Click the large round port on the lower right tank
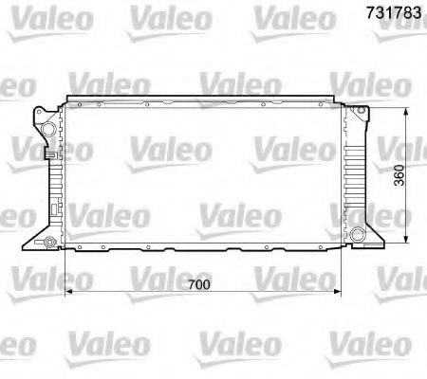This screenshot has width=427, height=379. click(x=357, y=235)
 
